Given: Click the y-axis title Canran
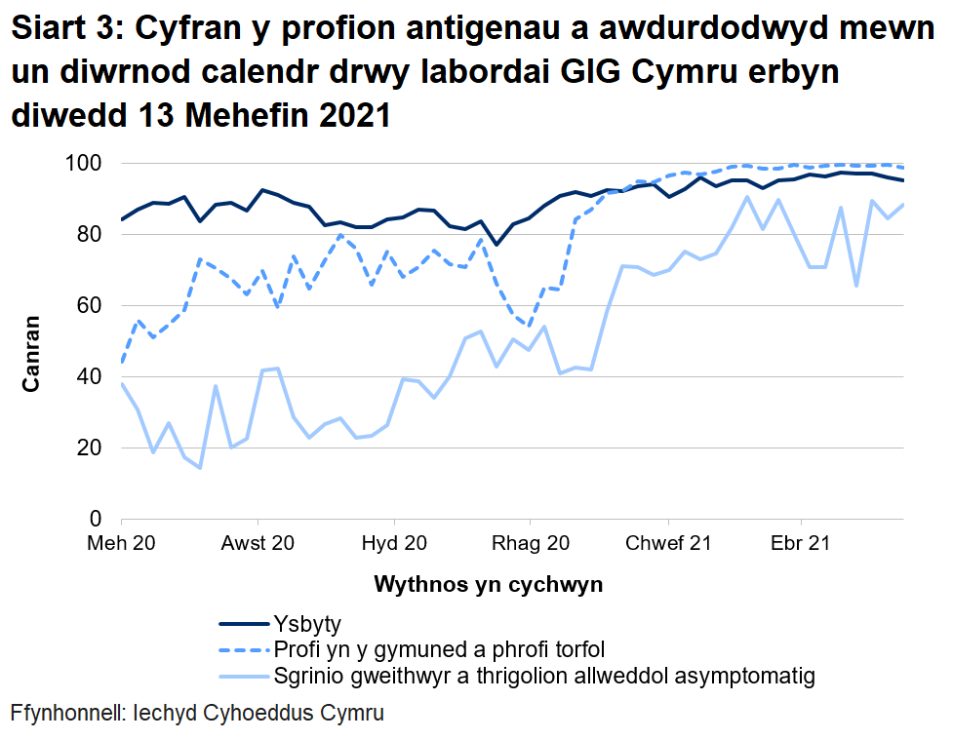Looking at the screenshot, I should [x=32, y=353].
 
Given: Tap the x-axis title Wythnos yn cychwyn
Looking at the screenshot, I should [x=488, y=586].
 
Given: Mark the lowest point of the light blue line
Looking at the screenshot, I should [x=200, y=468].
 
